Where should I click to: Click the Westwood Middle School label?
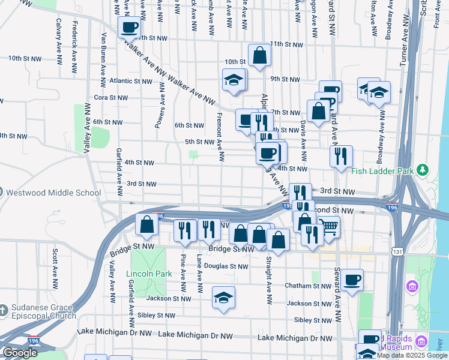(53, 193)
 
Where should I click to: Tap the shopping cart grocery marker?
(330, 226)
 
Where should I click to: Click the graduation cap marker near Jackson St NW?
(223, 298)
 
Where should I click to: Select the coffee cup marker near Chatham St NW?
(352, 279)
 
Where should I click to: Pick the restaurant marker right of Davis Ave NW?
(341, 157)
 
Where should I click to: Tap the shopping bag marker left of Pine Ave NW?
(147, 225)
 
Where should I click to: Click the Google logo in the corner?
(19, 353)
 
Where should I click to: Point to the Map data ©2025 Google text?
(412, 355)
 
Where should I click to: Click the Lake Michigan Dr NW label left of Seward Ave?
(295, 338)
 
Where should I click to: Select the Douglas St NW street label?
(226, 266)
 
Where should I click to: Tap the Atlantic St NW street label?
(131, 81)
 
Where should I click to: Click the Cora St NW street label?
(111, 97)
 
